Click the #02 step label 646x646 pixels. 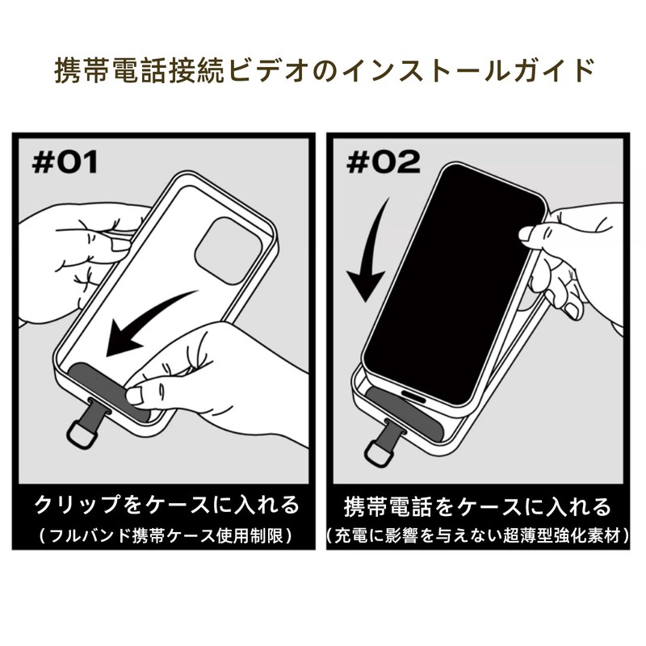[383, 161]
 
